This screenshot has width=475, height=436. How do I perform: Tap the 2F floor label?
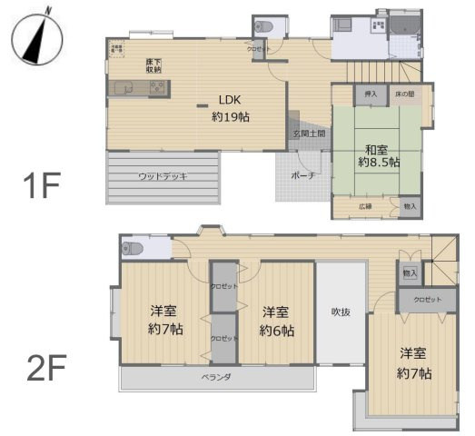pos(45,369)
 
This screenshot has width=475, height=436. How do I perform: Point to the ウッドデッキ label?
pos(163,176)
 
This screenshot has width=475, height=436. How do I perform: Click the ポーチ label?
pos(303,176)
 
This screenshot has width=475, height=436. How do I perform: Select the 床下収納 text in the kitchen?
pos(153,65)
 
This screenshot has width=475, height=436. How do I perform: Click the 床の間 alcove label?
pos(404,94)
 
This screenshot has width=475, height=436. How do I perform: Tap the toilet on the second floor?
pos(133,247)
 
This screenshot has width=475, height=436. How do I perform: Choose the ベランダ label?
pos(215,377)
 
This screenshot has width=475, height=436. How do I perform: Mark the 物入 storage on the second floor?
pos(410,272)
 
